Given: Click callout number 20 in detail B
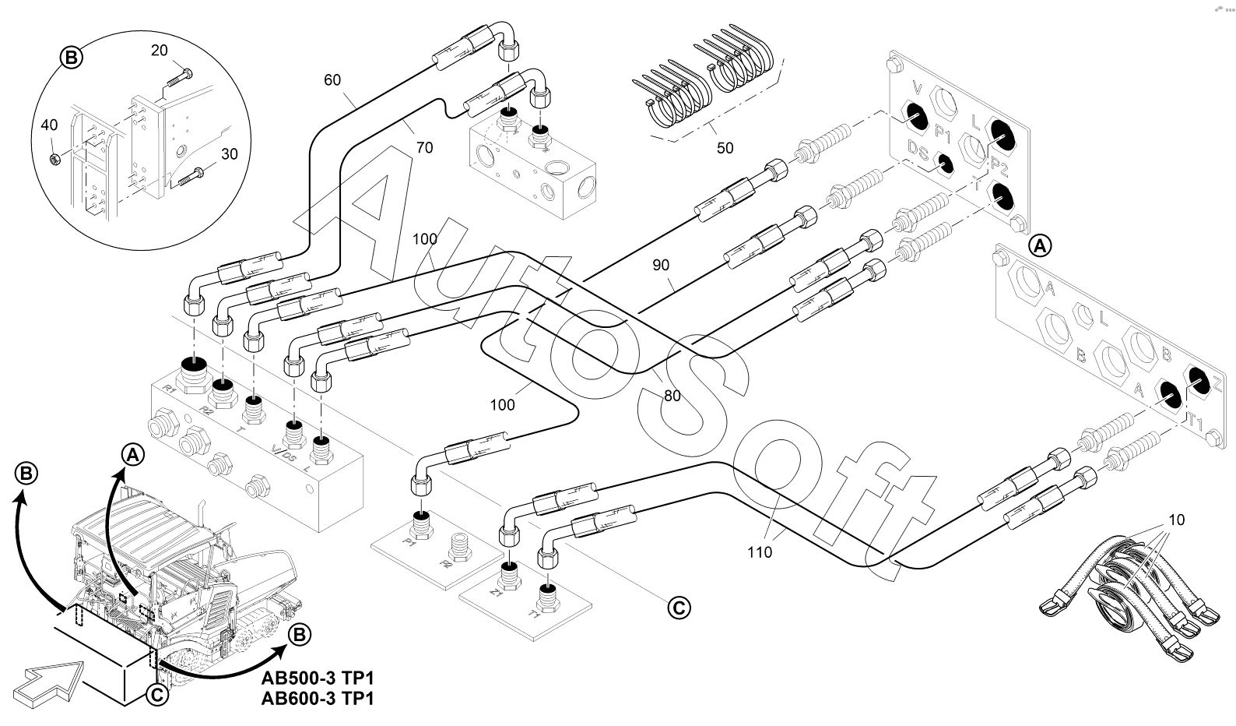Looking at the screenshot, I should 159,50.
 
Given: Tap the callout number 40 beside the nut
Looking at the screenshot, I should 49,125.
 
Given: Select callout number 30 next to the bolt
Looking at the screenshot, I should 229,154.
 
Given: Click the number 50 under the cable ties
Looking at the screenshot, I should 725,148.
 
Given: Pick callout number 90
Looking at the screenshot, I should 661,266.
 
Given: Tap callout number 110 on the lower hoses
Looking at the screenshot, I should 759,552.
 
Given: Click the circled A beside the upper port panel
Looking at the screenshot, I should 1040,246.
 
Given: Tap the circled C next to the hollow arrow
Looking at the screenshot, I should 156,695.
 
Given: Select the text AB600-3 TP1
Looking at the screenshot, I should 318,699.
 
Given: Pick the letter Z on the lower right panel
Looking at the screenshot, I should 1217,384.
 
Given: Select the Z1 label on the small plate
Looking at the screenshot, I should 495,594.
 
